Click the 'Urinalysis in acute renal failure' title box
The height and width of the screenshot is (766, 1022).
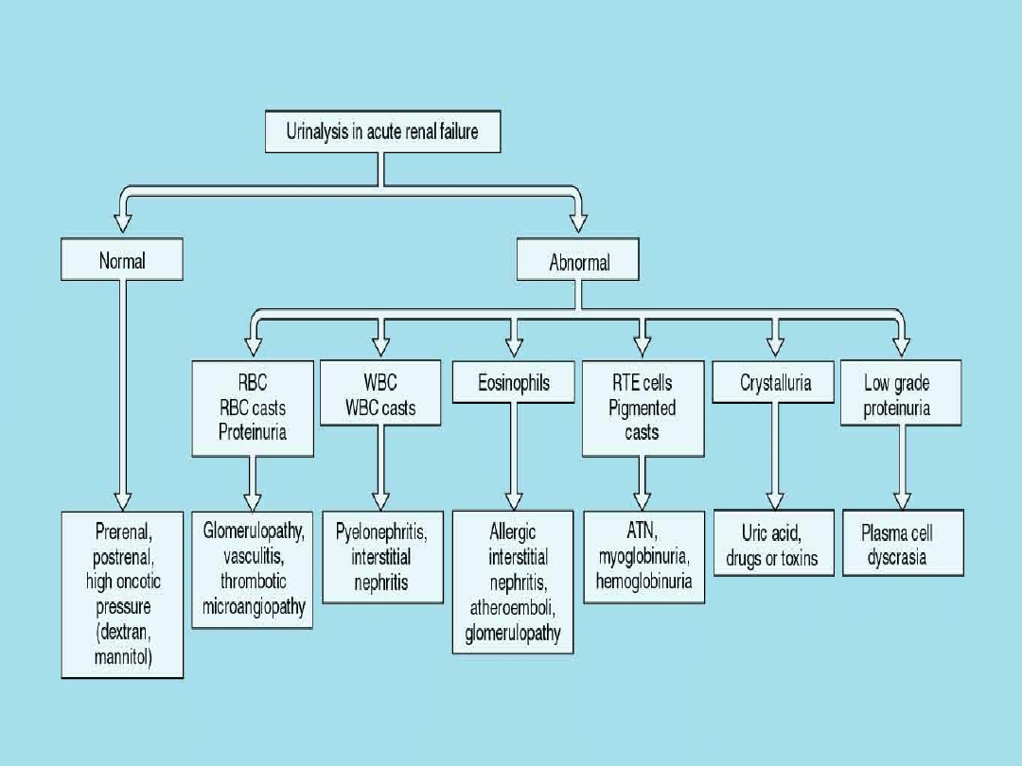point(381,131)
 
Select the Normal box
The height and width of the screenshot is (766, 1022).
point(122,259)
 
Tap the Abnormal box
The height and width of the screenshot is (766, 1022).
point(578,261)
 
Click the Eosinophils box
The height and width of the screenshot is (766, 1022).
point(513,384)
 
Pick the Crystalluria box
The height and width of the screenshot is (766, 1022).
point(775,384)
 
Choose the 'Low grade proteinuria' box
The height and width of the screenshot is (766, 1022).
point(900,395)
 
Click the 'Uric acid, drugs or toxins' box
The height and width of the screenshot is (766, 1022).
point(772,546)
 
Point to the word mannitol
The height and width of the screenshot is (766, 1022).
point(124,655)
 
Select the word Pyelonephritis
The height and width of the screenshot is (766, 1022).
point(381,532)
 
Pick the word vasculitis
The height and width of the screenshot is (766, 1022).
point(253,556)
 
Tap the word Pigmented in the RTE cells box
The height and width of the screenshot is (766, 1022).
point(643,408)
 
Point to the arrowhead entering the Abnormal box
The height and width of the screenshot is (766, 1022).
point(577,224)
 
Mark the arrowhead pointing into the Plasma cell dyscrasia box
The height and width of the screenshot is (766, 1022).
point(902,500)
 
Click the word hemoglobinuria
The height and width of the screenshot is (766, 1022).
point(643,581)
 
